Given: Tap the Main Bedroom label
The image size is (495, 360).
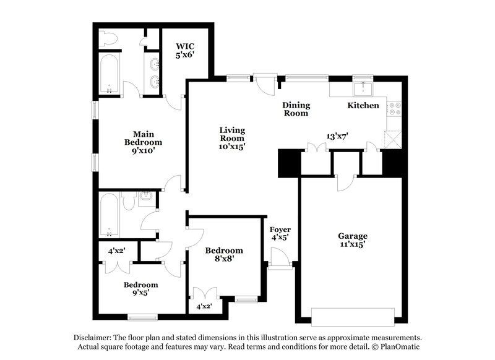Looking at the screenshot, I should [x=143, y=142].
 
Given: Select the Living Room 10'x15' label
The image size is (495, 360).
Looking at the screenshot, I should [x=232, y=139].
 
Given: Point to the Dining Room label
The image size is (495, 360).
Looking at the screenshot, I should [x=296, y=109].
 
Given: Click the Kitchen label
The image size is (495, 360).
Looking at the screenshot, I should [x=363, y=106].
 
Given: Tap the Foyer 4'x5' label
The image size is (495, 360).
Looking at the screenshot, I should [x=281, y=233].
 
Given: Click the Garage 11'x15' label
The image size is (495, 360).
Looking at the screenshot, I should [x=352, y=240].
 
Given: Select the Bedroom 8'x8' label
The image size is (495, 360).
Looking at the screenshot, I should [x=224, y=255].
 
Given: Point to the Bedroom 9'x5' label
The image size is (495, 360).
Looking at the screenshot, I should [x=140, y=289].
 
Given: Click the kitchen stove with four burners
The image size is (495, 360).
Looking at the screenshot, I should [x=395, y=110].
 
